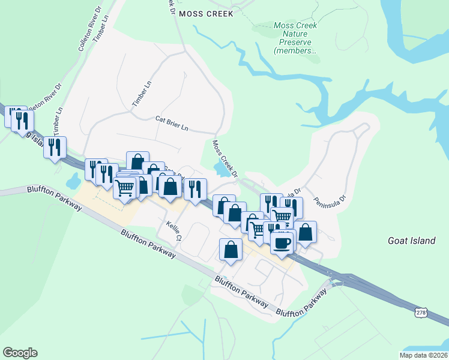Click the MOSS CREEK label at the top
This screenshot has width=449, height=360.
click(x=204, y=13)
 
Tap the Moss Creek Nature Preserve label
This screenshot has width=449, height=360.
click(x=295, y=38)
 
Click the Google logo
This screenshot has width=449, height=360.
click(x=20, y=353)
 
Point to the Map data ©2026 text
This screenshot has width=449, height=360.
click(x=423, y=355)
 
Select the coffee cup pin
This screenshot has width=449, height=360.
click(x=282, y=243)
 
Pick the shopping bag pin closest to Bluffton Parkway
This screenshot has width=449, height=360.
click(x=231, y=249)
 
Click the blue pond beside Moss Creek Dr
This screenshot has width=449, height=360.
click(x=221, y=170)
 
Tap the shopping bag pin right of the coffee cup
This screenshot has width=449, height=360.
click(x=305, y=232)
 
